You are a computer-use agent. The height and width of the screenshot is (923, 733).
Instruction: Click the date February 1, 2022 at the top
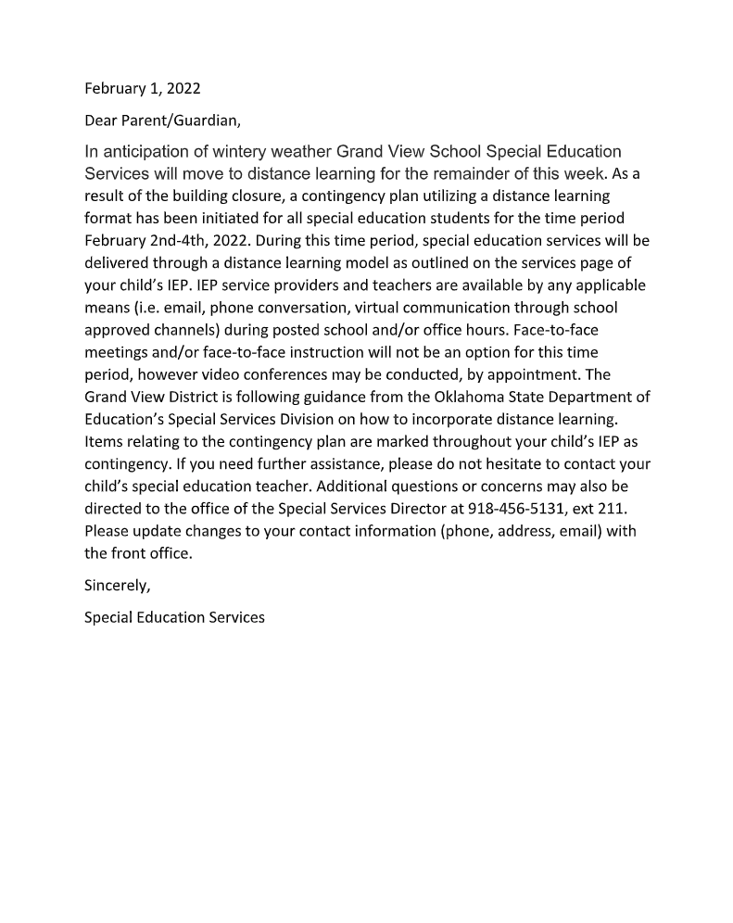point(142,89)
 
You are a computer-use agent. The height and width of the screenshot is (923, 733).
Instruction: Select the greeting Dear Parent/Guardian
point(162,120)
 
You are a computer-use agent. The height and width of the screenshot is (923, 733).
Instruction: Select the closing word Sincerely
point(117,586)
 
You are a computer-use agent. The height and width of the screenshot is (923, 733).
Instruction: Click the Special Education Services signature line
point(174,617)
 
